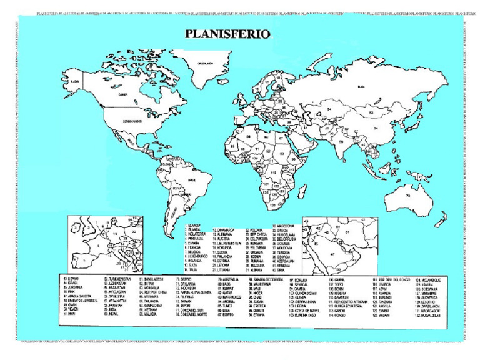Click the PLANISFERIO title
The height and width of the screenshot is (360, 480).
click(226, 34)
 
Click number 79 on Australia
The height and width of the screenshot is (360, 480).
click(407, 196)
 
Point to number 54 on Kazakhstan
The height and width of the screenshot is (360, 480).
click(329, 109)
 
